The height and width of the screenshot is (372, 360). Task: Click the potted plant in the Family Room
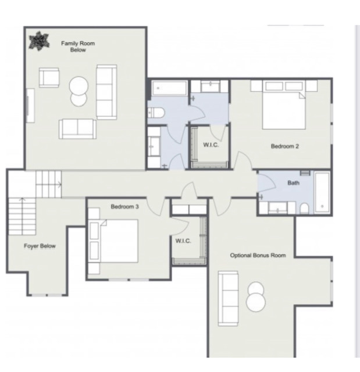click(39, 41)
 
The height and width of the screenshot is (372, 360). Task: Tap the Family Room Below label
click(78, 46)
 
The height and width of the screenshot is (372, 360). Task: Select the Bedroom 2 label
click(285, 146)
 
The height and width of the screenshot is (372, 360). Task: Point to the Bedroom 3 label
click(124, 207)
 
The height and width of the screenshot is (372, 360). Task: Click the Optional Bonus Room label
click(258, 255)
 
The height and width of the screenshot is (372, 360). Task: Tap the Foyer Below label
click(40, 246)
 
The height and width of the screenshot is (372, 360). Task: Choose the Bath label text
click(293, 183)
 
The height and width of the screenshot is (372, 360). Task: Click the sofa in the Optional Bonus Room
click(228, 298)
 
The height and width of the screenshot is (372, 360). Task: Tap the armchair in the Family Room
click(49, 77)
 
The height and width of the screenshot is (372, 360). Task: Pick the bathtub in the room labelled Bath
click(322, 192)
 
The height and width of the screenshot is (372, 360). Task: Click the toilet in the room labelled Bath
click(304, 209)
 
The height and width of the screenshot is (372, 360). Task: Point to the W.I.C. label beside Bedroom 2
click(211, 145)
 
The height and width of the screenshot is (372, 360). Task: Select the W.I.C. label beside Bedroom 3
click(183, 241)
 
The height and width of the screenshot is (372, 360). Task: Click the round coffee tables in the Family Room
click(79, 91)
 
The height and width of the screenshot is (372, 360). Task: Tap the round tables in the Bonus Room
click(256, 297)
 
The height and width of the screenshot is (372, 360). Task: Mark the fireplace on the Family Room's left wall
click(30, 106)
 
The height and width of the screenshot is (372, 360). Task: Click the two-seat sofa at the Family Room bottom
click(77, 129)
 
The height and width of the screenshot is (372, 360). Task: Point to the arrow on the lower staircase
click(22, 216)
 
